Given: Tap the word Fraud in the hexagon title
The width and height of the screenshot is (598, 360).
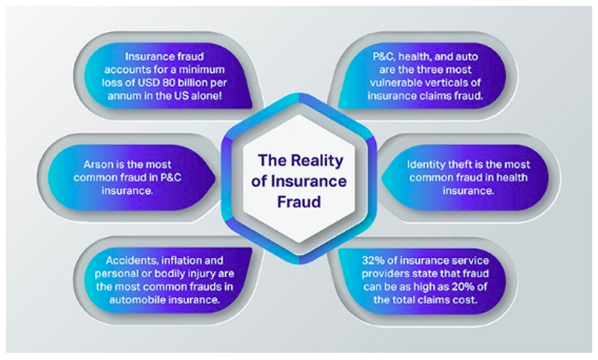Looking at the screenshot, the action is pyautogui.click(x=299, y=202).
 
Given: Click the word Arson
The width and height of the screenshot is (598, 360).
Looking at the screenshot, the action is pyautogui.click(x=96, y=165).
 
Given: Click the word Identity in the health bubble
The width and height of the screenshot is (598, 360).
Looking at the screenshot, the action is pyautogui.click(x=425, y=165).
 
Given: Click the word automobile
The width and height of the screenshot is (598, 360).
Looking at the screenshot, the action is pyautogui.click(x=136, y=300).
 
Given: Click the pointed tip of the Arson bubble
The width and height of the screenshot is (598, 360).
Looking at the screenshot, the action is pyautogui.click(x=216, y=177).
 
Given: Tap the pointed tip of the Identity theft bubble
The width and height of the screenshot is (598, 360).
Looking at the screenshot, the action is pyautogui.click(x=382, y=177).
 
